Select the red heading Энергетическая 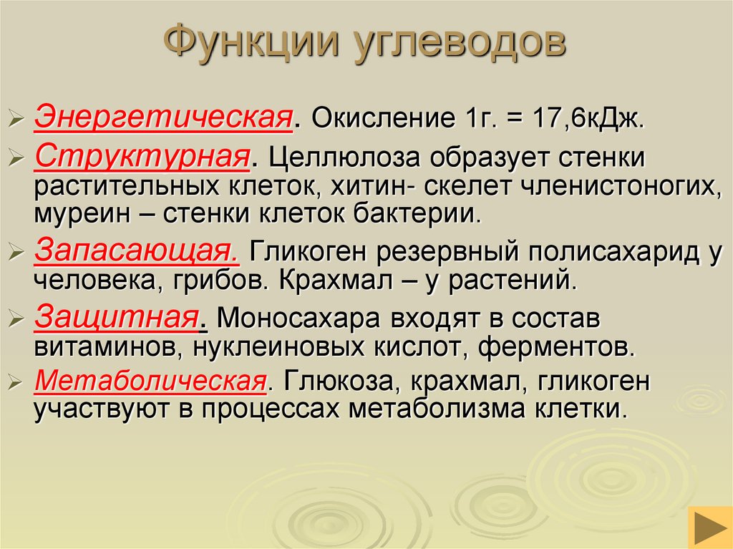coord(164,115)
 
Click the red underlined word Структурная coord(142,155)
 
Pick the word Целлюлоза coord(336,157)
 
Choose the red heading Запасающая coord(136,251)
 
